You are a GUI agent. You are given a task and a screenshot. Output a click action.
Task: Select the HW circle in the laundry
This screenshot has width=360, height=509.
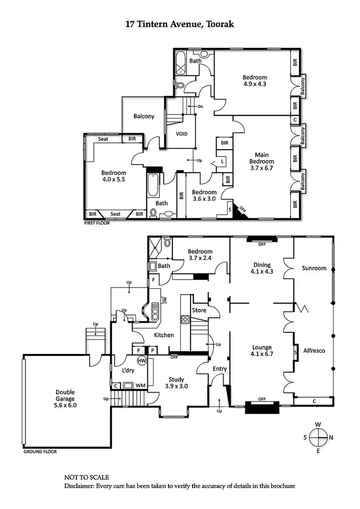(x=142, y=360)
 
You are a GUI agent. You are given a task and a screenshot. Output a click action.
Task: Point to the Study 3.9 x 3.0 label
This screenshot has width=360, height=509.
(x=176, y=382)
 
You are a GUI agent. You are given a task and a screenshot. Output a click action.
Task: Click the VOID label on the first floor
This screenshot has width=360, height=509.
(x=181, y=134)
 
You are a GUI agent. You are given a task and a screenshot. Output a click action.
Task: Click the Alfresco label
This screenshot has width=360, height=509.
(x=314, y=351)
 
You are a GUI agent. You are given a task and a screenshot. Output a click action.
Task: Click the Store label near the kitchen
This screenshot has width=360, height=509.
(x=199, y=310)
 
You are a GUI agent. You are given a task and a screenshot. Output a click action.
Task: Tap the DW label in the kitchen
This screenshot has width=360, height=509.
(x=165, y=300)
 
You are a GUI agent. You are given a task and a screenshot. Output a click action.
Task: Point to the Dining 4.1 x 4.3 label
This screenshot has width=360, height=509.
(x=262, y=268)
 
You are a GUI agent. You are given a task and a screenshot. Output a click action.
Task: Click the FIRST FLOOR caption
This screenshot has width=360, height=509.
(x=97, y=223)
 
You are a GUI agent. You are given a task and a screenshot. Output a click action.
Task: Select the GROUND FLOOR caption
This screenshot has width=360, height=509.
(x=40, y=451)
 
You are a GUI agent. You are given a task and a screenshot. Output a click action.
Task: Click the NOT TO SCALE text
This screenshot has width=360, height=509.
(x=86, y=477)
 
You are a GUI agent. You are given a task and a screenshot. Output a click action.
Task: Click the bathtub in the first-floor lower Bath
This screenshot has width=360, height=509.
(x=153, y=185)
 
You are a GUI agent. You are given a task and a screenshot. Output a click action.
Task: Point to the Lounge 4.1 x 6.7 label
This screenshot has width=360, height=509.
(x=262, y=351)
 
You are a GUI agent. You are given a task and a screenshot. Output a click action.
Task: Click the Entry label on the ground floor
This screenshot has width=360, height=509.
(x=219, y=368)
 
